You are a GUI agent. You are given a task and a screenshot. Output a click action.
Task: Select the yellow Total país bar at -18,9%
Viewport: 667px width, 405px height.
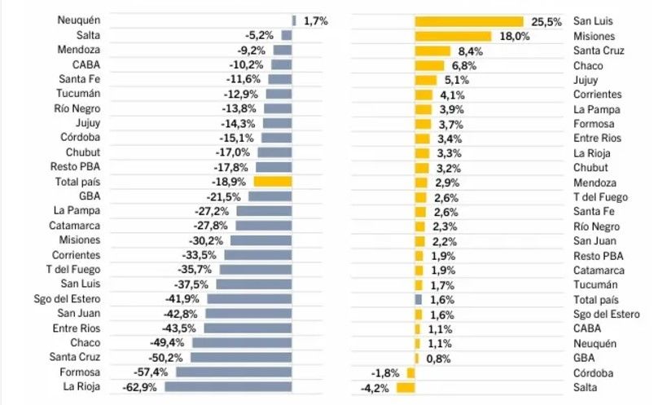pos(272,182)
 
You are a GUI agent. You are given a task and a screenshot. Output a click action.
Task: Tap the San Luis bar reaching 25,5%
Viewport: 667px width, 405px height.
pos(468,21)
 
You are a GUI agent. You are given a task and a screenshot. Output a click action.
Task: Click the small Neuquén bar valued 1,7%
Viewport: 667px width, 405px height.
pos(294,20)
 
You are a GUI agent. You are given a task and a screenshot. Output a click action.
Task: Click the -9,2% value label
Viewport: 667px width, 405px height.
pos(250,50)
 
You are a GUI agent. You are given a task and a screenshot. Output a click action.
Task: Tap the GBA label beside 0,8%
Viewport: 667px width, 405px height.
pos(584,358)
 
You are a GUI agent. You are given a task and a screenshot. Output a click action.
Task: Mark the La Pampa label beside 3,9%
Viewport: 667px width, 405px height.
pos(597,109)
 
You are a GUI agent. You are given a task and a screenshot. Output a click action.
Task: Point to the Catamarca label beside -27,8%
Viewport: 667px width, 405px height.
pos(74,225)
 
